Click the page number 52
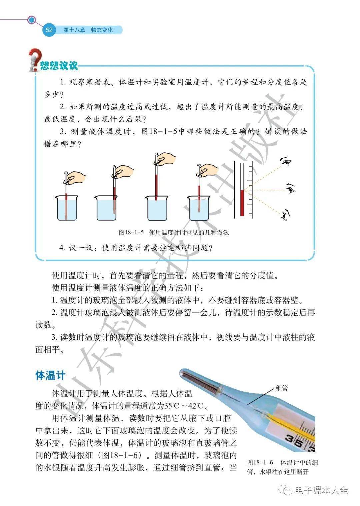click(x=49, y=30)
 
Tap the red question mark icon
click(x=35, y=60)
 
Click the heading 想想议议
click(x=59, y=66)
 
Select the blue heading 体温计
click(x=50, y=375)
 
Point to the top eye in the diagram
click(x=286, y=161)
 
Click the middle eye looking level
click(x=291, y=188)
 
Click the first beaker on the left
click(x=67, y=208)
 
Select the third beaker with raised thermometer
click(x=157, y=208)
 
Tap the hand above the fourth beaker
click(x=208, y=170)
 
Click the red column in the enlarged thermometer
click(x=242, y=203)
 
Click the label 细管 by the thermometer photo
click(x=282, y=388)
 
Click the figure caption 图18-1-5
click(x=131, y=232)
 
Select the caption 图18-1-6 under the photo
click(x=260, y=463)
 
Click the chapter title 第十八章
click(x=74, y=30)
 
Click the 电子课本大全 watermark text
click(x=321, y=490)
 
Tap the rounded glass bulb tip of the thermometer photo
click(x=183, y=374)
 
